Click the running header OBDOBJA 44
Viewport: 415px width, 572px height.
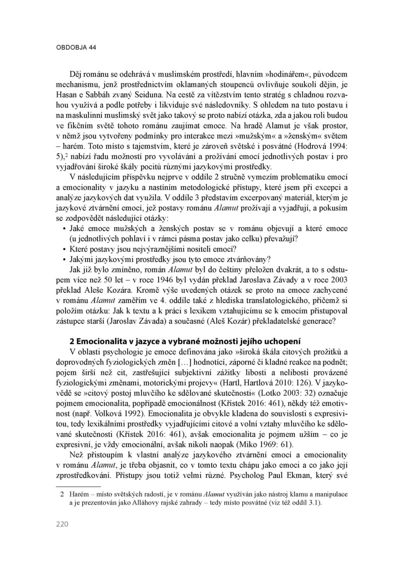[x=76, y=47]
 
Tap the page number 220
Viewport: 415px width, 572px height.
[x=62, y=524]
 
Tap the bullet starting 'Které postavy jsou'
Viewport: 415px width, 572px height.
[x=153, y=249]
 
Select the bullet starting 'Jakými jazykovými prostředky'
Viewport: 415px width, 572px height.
[x=170, y=259]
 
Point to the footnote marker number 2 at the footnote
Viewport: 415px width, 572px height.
[x=62, y=495]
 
